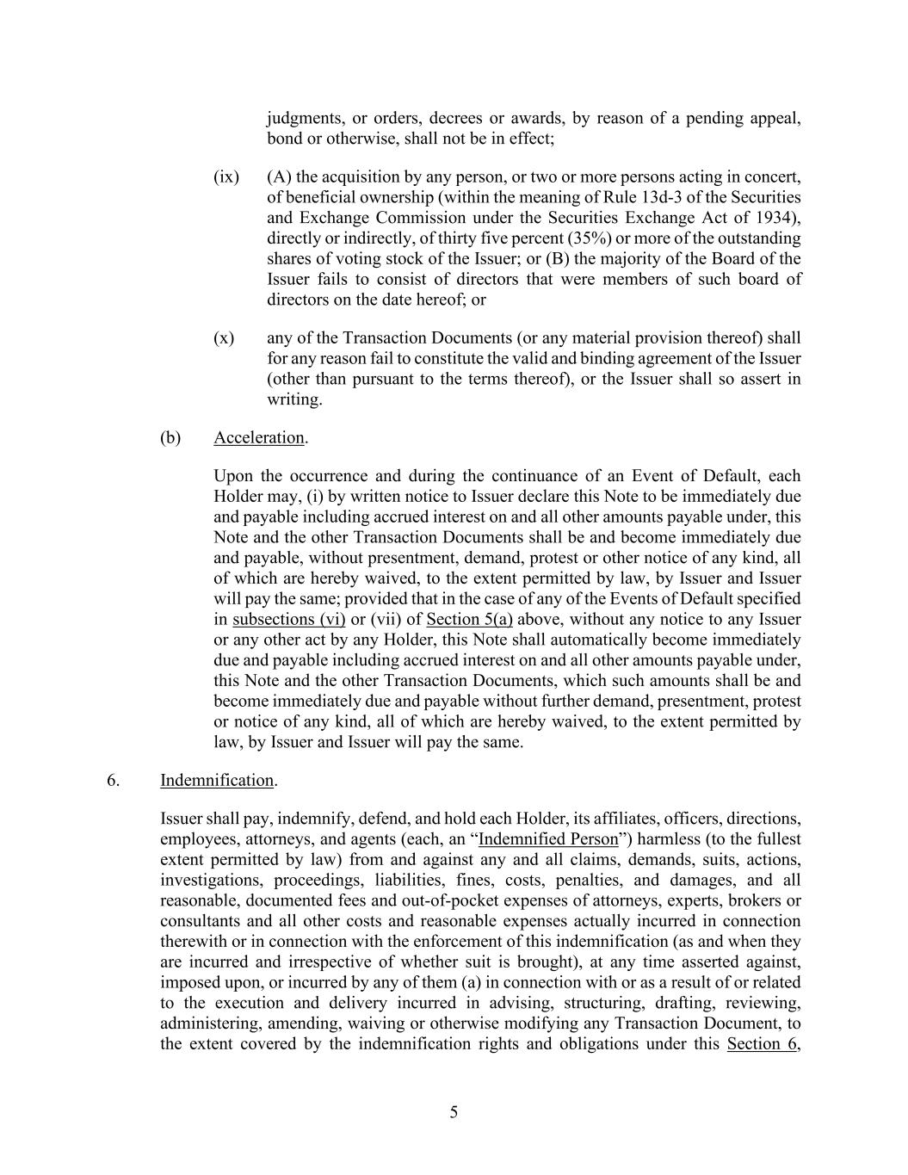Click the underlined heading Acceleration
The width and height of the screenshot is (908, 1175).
[x=258, y=437]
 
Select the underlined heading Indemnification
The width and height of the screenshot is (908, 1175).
[x=217, y=780]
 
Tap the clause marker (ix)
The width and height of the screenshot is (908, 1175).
[x=226, y=176]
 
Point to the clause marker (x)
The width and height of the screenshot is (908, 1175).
[x=224, y=337]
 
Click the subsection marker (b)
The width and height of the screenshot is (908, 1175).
[x=170, y=437]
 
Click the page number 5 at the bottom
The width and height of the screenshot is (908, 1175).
[x=454, y=1112]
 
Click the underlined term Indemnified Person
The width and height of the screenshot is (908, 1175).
[x=547, y=838]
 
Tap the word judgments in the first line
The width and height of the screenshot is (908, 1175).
[x=306, y=118]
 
